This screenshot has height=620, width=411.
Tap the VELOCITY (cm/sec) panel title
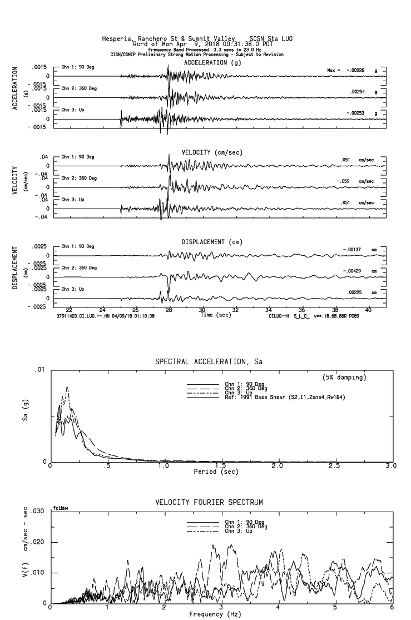[x=212, y=152]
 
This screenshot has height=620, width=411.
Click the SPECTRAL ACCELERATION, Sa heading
[x=208, y=362]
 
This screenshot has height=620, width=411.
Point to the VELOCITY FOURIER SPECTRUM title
[x=209, y=503]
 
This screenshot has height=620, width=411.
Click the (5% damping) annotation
[x=344, y=378]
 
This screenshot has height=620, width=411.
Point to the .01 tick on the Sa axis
[x=39, y=370]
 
